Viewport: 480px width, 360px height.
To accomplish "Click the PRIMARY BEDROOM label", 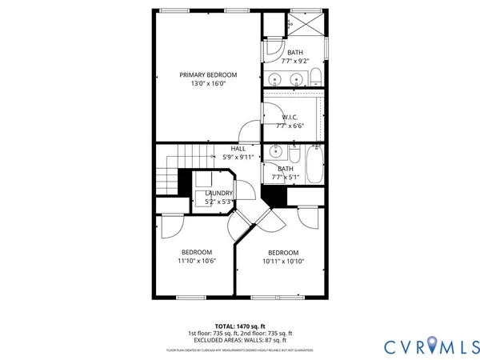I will pos(208,74).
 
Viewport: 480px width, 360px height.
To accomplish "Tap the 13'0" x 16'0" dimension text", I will pos(208,83).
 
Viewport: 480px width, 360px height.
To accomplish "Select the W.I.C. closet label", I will pos(290,117).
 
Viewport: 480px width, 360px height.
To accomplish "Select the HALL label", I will pos(238,149).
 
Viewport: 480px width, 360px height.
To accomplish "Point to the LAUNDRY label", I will pos(218,193).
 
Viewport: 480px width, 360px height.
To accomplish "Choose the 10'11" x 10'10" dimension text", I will pos(282,261).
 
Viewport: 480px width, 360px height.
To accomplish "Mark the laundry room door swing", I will pos(248,192).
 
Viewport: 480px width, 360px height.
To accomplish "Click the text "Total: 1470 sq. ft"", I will pos(240,326).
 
